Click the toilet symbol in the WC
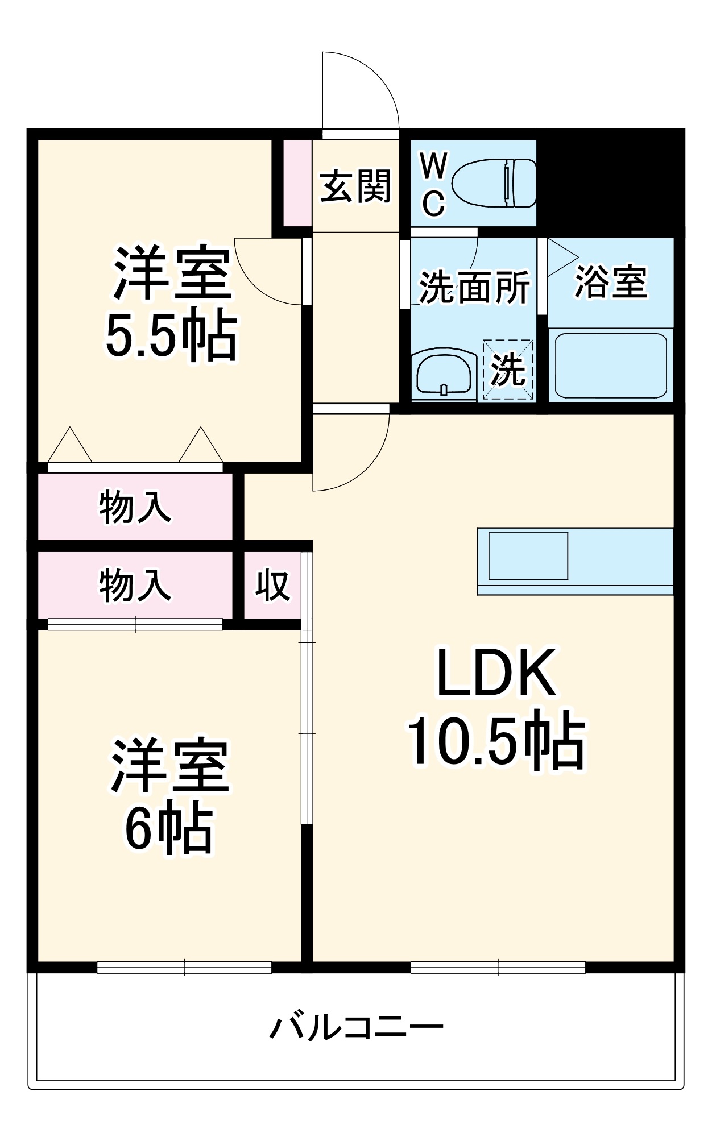pos(494,183)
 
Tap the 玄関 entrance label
pos(355,186)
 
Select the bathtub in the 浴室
pos(610,365)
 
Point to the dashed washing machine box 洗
pos(508,370)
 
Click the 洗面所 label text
pos(474,287)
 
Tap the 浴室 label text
pos(611,281)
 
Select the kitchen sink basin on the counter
pos(528,556)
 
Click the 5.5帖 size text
pos(171,335)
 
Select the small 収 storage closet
pos(272,586)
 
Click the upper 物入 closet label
pos(135,507)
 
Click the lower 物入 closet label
pos(135,586)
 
